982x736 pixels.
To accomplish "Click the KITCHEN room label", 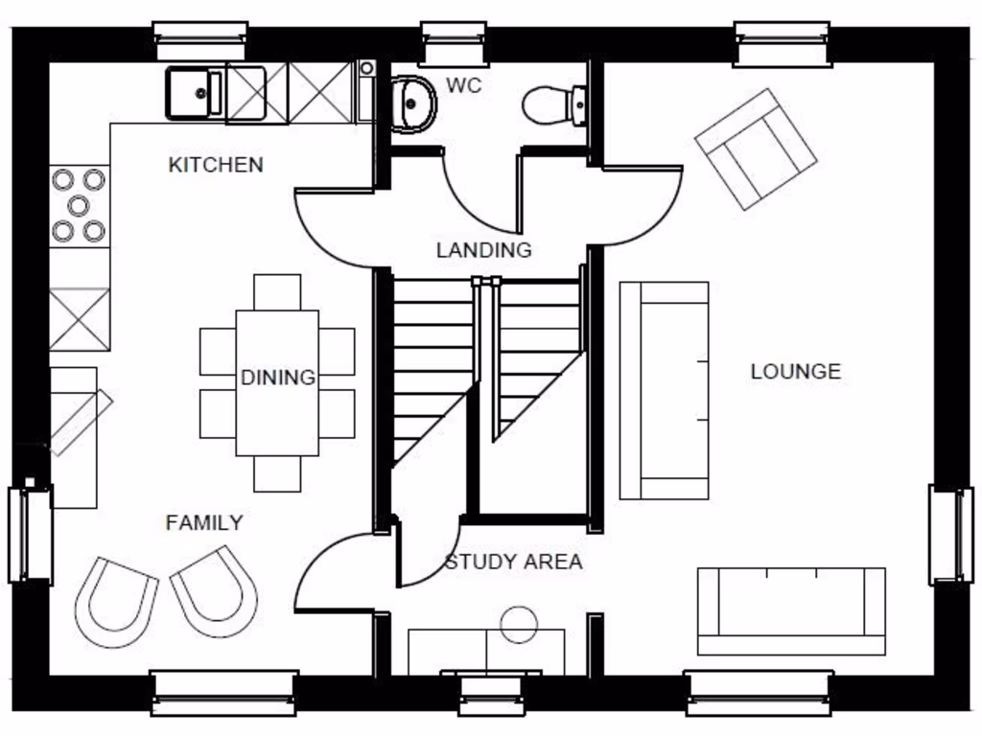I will click(215, 165).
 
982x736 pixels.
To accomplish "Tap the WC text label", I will click(463, 86).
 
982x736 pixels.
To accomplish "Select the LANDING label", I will click(483, 251).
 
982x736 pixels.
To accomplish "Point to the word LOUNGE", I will click(795, 372).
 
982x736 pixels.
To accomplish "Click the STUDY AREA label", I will click(513, 563).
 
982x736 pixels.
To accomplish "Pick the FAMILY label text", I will click(204, 523).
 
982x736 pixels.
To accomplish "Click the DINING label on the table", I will click(277, 378).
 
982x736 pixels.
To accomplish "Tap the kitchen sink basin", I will click(196, 93).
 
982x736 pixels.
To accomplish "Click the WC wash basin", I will click(414, 102).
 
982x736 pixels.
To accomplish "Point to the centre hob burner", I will click(78, 204).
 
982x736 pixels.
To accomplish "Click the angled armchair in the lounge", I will click(756, 149).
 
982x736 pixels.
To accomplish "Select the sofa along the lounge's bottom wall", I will click(791, 610).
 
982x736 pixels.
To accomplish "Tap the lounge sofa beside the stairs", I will click(664, 390).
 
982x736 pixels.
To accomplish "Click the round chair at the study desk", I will click(519, 624).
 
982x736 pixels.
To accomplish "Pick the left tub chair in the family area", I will click(116, 602).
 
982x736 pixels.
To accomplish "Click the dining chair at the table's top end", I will click(277, 291).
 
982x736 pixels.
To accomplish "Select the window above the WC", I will click(454, 43).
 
